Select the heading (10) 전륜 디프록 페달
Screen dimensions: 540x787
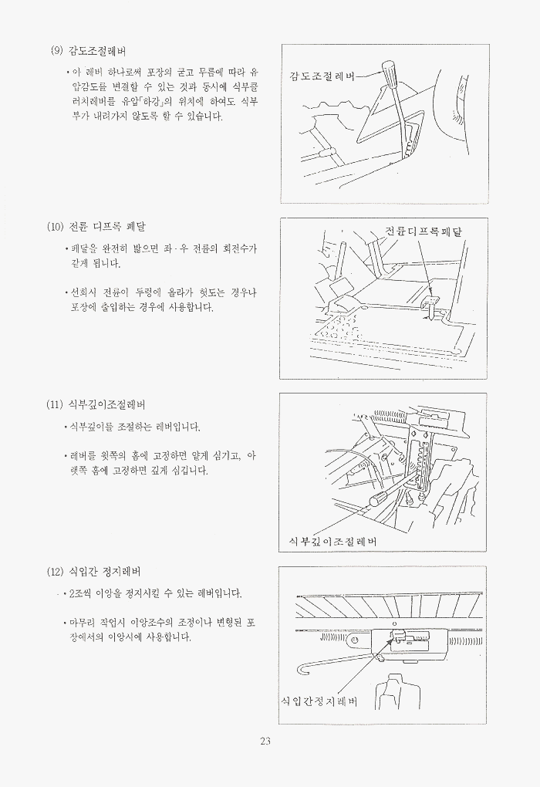(x=96, y=226)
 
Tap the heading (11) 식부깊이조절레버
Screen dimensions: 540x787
(x=96, y=404)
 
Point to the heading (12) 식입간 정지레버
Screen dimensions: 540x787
(x=93, y=571)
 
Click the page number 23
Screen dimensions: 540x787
(x=265, y=741)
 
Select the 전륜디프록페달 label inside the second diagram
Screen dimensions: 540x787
(x=424, y=231)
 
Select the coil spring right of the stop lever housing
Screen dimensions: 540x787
(x=465, y=641)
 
